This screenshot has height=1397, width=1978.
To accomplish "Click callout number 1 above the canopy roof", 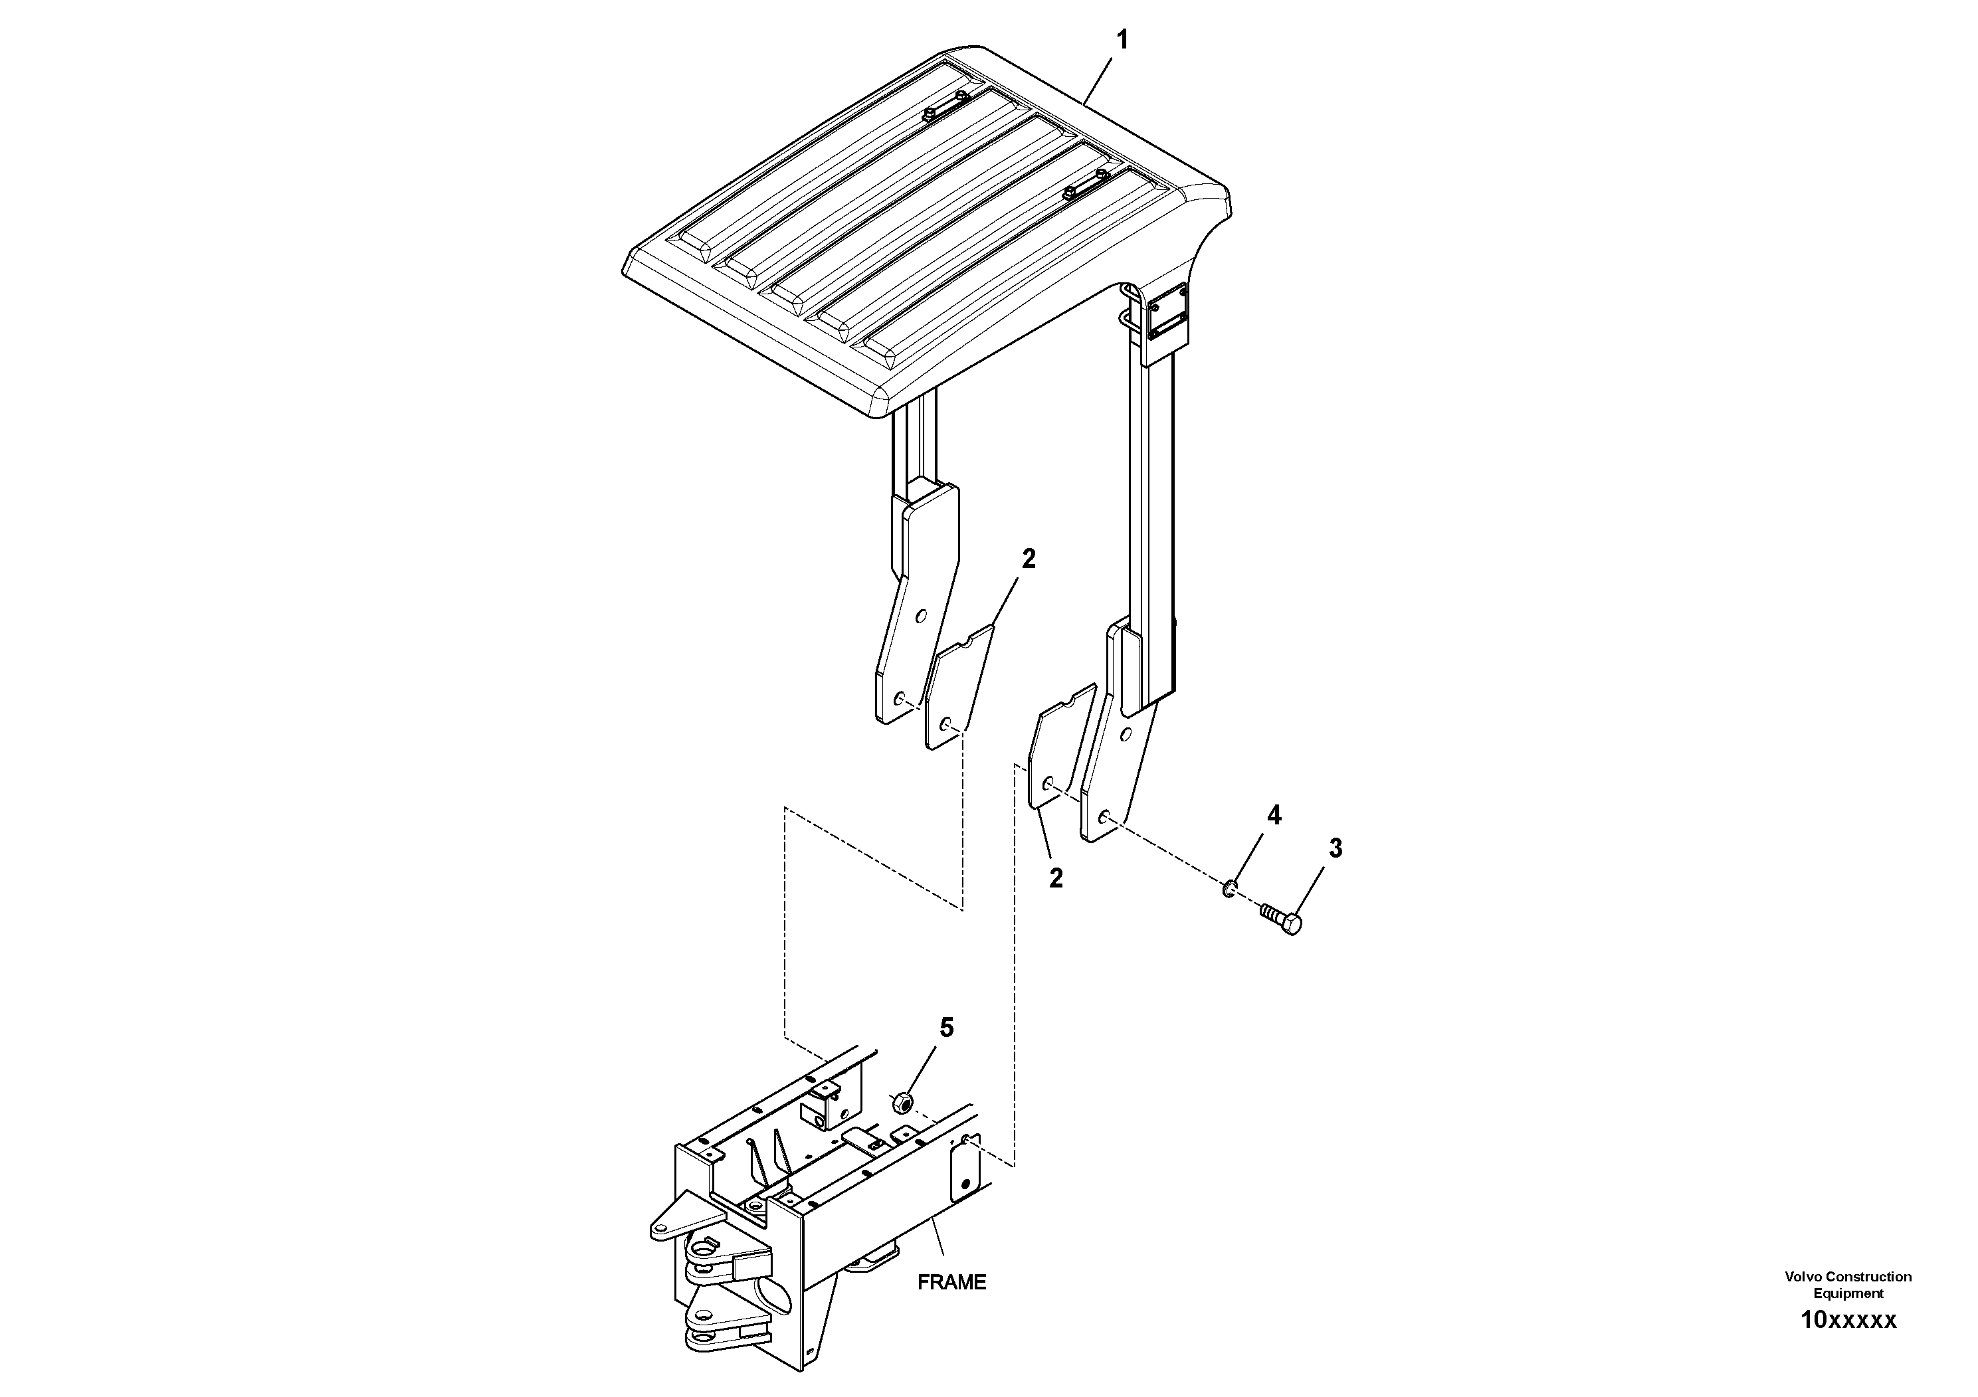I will click(x=1122, y=40).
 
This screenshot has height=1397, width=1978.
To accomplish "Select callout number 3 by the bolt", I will click(x=1335, y=849).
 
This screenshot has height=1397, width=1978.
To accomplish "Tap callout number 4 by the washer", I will click(x=1274, y=816).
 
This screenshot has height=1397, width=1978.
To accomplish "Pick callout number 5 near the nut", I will click(x=947, y=1028).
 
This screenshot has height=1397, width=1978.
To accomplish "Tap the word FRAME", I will click(x=951, y=1283).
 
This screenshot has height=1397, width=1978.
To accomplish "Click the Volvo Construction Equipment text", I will click(x=1848, y=1283).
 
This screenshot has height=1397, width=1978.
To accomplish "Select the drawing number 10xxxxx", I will click(x=1848, y=1321).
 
